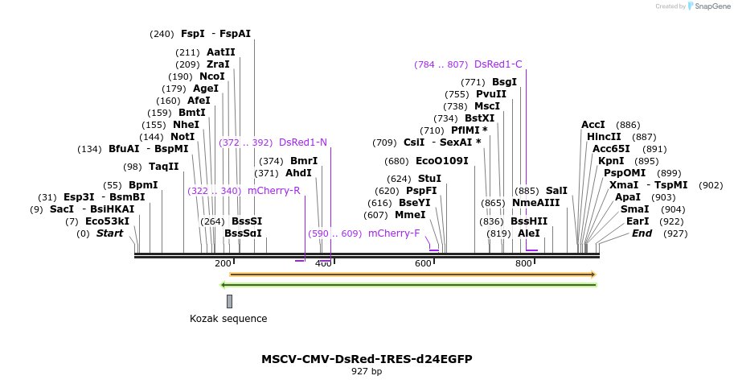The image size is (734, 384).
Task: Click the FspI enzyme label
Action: click(193, 34)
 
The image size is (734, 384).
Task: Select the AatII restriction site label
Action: click(220, 52)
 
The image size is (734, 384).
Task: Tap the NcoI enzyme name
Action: click(212, 76)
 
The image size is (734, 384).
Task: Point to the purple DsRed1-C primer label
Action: click(498, 64)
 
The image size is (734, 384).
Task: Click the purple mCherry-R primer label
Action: click(273, 191)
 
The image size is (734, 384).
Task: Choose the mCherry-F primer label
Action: click(394, 233)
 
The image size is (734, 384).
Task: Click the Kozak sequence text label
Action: click(228, 319)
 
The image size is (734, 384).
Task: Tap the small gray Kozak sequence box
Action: click(229, 301)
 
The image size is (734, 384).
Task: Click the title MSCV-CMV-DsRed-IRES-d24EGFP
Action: click(367, 359)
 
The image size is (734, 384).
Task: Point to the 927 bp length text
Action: click(367, 371)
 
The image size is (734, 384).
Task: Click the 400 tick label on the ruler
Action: click(323, 264)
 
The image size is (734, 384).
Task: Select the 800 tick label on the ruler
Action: click(523, 264)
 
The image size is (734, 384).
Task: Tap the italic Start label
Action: click(110, 233)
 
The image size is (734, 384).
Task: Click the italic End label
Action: click(642, 233)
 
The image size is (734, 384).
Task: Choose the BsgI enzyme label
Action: click(504, 82)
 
